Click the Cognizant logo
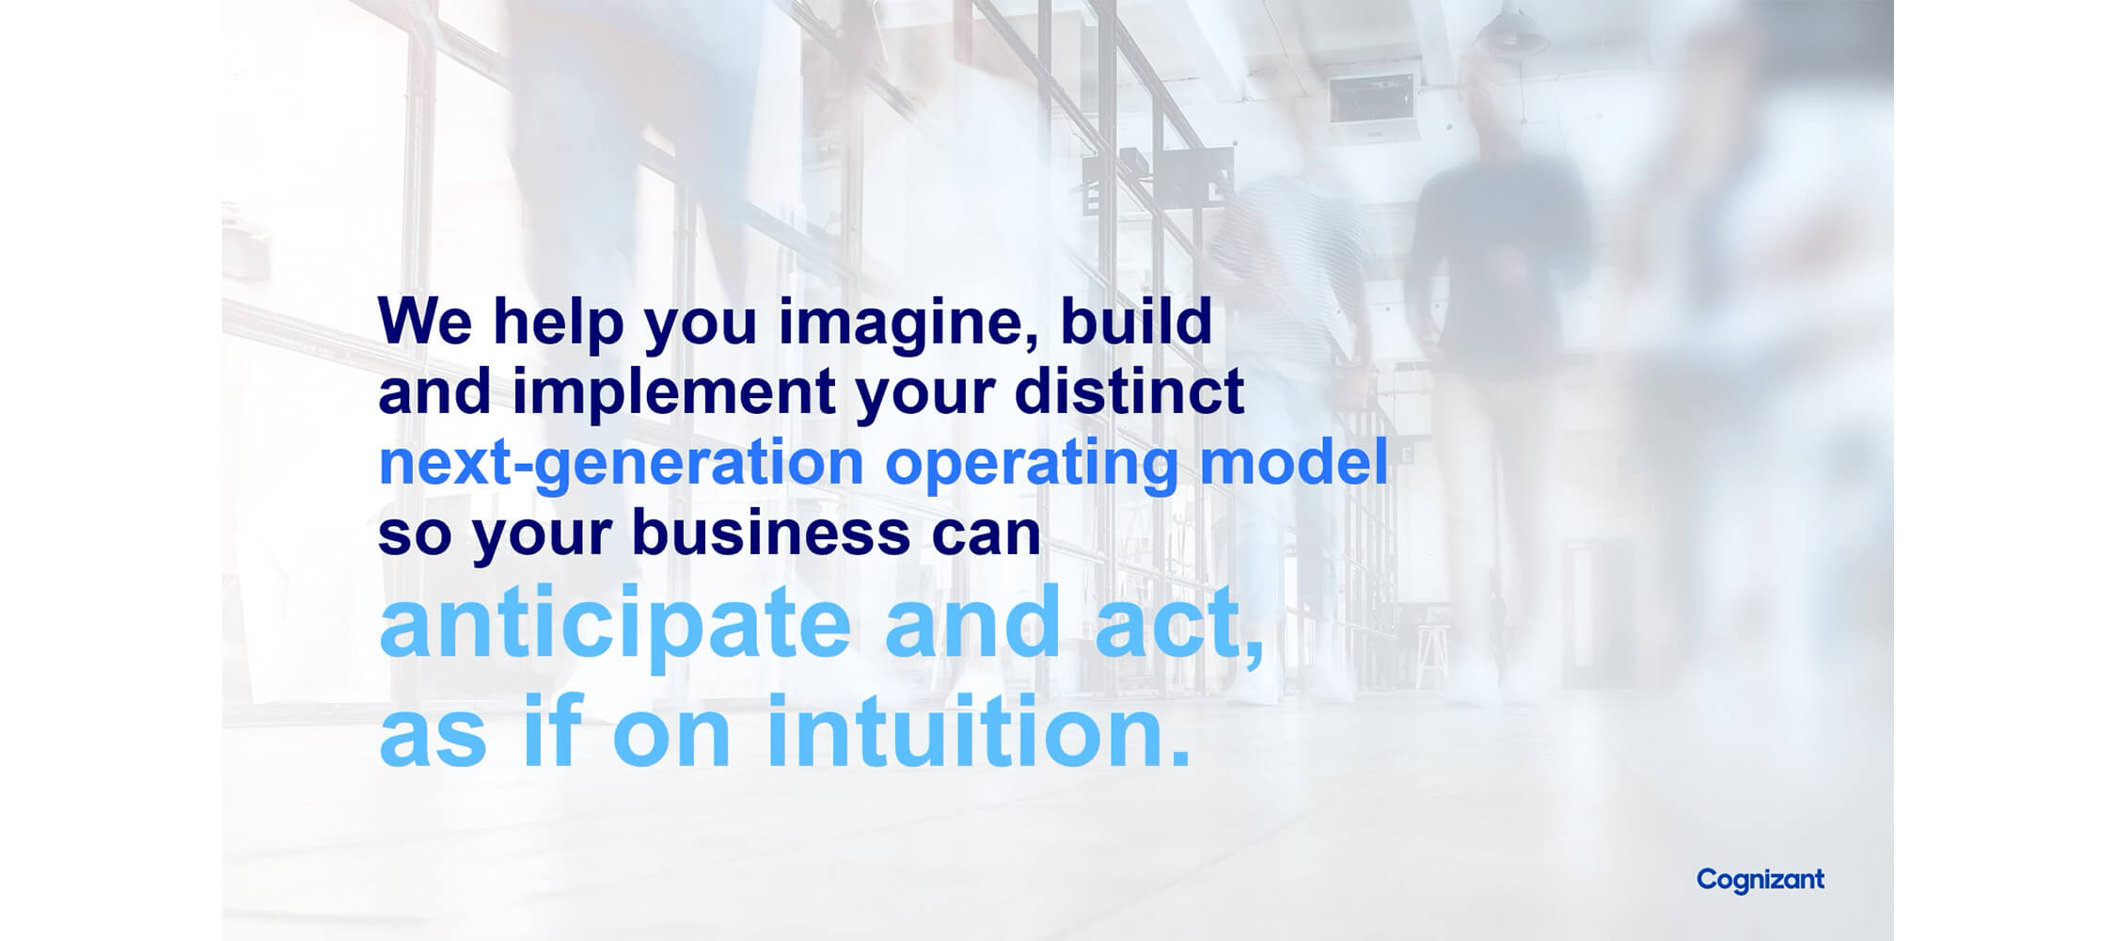pyautogui.click(x=1761, y=881)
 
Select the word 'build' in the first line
pyautogui.click(x=1136, y=321)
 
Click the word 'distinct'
pyautogui.click(x=1129, y=391)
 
